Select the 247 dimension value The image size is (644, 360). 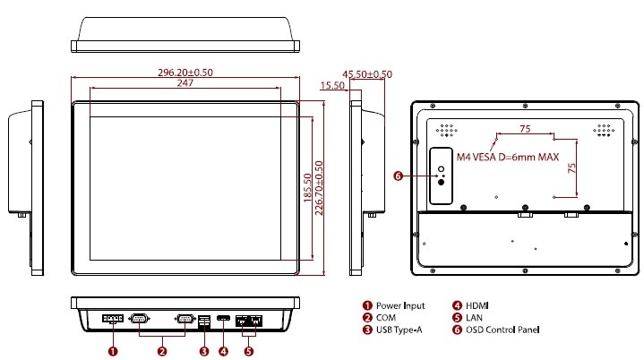point(185,83)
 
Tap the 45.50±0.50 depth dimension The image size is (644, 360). point(367,73)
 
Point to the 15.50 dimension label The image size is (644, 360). point(332,85)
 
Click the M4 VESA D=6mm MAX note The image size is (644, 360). point(508,157)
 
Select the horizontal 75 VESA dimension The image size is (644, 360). point(525,129)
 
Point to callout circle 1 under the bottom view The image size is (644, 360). point(113,351)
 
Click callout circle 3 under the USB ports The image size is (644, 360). point(203,351)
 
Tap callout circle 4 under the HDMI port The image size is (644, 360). point(223,351)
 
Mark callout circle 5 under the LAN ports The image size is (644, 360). point(248,351)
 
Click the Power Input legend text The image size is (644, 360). point(400,305)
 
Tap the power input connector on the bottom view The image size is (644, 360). point(113,319)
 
